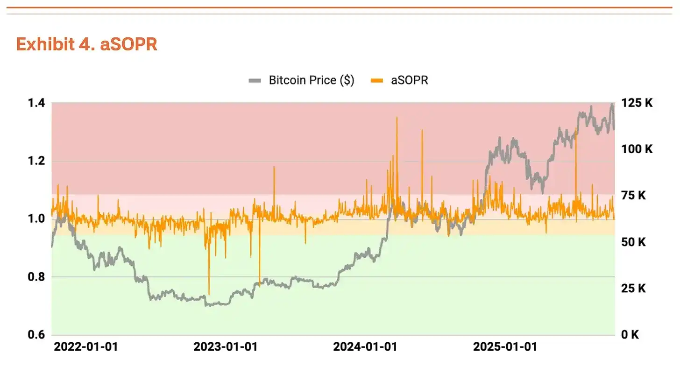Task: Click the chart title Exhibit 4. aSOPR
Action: click(x=86, y=44)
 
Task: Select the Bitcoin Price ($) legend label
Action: click(x=311, y=80)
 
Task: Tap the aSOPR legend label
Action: click(x=409, y=80)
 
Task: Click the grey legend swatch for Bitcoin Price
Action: click(x=255, y=81)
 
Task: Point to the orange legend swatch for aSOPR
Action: click(x=377, y=81)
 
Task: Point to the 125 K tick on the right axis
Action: click(x=637, y=103)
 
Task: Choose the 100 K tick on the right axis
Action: click(x=637, y=149)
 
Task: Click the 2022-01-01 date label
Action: click(x=86, y=347)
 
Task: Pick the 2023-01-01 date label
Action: click(x=226, y=347)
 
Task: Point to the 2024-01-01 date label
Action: click(x=365, y=347)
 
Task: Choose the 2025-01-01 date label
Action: click(x=505, y=347)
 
